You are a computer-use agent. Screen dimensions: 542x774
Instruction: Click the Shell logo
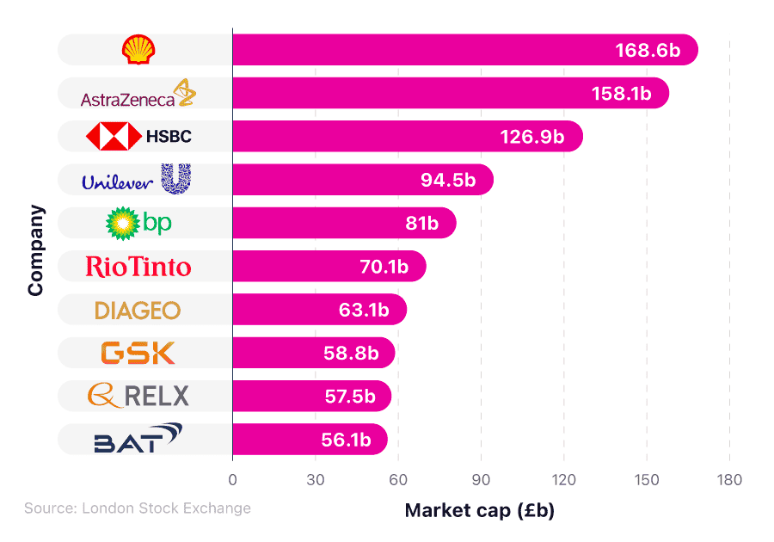coord(138,50)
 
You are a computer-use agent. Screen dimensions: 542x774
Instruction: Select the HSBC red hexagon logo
coord(114,136)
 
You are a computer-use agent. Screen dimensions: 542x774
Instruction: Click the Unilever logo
coord(136,180)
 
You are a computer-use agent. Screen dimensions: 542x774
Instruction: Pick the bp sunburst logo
coord(122,224)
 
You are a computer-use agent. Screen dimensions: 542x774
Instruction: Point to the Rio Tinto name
coord(138,267)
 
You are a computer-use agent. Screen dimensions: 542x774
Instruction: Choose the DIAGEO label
coord(138,310)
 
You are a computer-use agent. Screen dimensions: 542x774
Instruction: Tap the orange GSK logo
coord(138,353)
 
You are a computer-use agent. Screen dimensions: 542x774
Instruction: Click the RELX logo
coord(138,396)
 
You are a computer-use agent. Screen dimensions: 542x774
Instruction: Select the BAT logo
coord(138,440)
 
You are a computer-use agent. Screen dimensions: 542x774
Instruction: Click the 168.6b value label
coord(648,50)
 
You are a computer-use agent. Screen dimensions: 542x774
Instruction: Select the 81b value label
coord(422,224)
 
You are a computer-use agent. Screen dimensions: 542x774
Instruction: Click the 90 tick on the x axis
coord(481,479)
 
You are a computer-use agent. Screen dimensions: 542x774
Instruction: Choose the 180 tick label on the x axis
coord(729,479)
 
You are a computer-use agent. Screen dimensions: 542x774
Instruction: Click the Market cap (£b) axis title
coord(480,510)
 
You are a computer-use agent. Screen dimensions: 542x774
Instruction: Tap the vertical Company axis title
coord(35,250)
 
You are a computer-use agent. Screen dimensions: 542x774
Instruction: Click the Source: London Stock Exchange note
coord(138,508)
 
